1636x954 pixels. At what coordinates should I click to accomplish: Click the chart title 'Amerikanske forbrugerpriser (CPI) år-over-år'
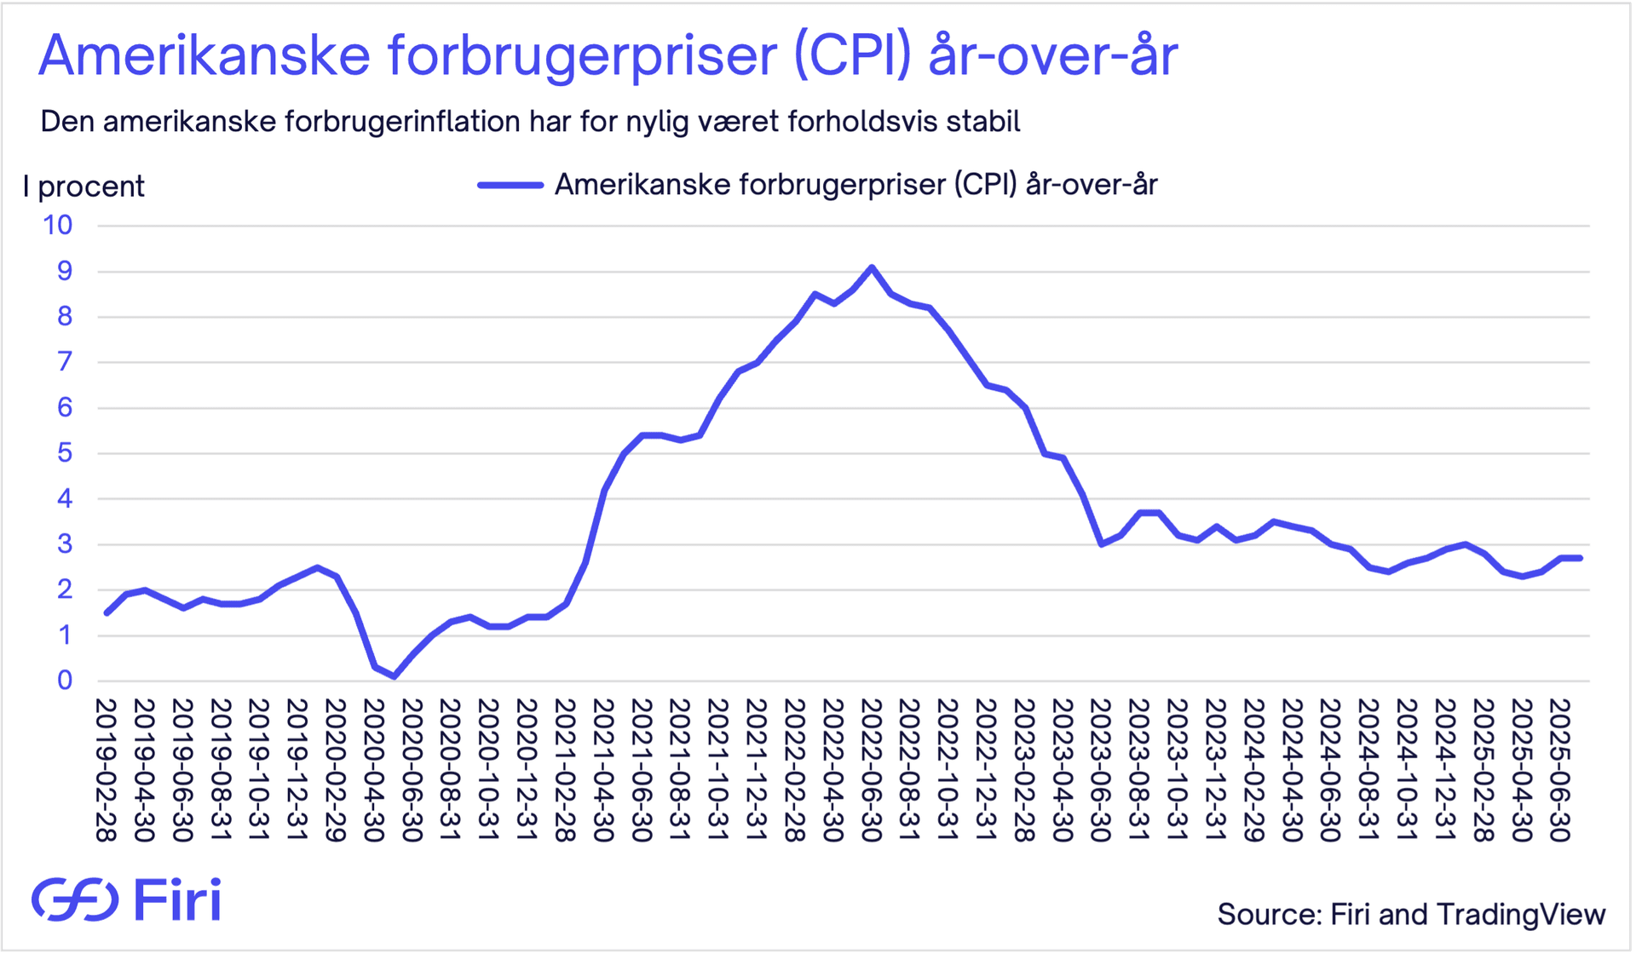coord(608,56)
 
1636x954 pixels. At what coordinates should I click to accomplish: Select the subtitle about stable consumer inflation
coord(530,122)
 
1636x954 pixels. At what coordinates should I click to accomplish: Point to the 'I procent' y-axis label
coord(84,187)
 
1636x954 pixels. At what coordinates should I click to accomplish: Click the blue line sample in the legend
coord(510,185)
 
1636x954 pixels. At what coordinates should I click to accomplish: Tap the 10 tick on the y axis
coord(58,226)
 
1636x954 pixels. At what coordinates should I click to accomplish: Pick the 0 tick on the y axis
coord(65,681)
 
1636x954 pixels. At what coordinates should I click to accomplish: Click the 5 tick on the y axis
coord(65,453)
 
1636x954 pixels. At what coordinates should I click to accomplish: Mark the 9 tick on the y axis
coord(65,272)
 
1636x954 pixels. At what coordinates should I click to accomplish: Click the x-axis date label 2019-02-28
coord(106,770)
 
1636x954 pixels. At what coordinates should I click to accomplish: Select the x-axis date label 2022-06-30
coord(871,770)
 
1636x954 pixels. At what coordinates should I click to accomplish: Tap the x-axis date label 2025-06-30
coord(1559,770)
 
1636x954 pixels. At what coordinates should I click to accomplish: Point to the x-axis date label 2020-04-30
coord(373,770)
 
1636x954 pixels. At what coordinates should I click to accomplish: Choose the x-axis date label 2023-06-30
coord(1100,770)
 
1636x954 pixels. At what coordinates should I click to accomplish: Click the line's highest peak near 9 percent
coord(872,267)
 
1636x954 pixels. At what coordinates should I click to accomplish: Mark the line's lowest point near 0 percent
coord(394,676)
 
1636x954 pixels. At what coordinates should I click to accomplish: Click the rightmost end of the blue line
coord(1581,558)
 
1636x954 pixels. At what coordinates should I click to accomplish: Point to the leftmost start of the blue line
coord(107,612)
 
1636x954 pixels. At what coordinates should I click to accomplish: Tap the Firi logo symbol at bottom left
coord(75,899)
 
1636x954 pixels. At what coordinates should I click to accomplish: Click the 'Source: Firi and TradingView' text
coord(1411,914)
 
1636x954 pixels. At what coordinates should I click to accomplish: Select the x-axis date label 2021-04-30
coord(603,770)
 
